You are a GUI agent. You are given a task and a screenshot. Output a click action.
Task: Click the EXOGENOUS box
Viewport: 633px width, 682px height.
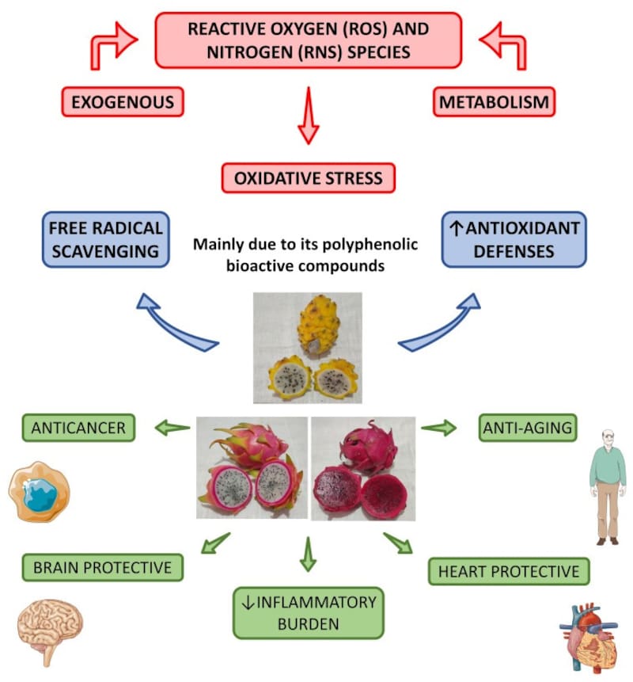pos(123,102)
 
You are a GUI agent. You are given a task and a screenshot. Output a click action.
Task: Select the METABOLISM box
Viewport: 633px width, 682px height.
pos(495,102)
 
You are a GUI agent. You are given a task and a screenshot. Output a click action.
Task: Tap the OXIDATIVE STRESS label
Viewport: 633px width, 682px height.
pos(309,177)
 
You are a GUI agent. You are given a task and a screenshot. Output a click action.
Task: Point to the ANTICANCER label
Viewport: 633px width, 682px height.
pos(78,428)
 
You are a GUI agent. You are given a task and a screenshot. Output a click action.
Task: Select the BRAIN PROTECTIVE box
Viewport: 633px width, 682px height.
pos(102,567)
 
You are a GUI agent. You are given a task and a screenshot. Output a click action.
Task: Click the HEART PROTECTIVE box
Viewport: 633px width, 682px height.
pos(509,570)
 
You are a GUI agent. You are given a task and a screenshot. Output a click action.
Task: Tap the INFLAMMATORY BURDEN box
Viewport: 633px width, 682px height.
pos(309,612)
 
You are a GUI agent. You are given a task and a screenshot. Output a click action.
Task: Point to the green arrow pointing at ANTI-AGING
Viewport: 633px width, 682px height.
pos(439,428)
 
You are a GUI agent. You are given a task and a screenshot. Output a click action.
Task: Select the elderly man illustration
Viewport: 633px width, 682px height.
pos(607,486)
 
